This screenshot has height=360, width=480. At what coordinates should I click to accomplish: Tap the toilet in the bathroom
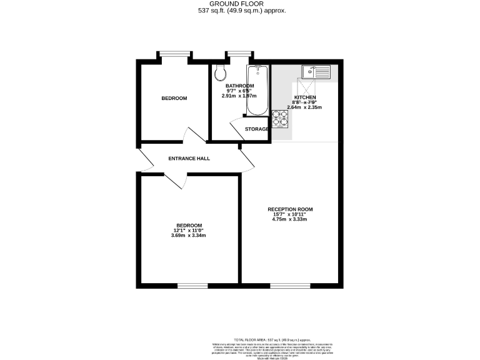pyautogui.click(x=219, y=74)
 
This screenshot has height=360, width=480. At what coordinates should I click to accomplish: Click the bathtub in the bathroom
pyautogui.click(x=257, y=91)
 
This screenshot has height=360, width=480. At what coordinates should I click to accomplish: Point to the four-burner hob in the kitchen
pyautogui.click(x=279, y=119)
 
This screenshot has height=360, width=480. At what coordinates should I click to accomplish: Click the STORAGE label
pyautogui.click(x=257, y=129)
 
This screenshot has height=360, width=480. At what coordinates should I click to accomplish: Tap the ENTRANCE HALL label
pyautogui.click(x=189, y=159)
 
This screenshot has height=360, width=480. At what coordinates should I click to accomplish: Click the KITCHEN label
pyautogui.click(x=305, y=98)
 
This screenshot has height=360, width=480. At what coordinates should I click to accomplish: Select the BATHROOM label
pyautogui.click(x=239, y=86)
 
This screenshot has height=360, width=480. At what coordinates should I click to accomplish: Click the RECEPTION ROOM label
pyautogui.click(x=290, y=209)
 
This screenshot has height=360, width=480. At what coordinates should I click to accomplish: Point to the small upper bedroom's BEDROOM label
pyautogui.click(x=174, y=99)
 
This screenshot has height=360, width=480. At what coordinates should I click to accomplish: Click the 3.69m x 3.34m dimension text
pyautogui.click(x=189, y=236)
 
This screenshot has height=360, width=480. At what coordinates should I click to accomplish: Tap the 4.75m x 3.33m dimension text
pyautogui.click(x=290, y=219)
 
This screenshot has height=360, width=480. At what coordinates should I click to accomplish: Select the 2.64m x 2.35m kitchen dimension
pyautogui.click(x=304, y=107)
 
